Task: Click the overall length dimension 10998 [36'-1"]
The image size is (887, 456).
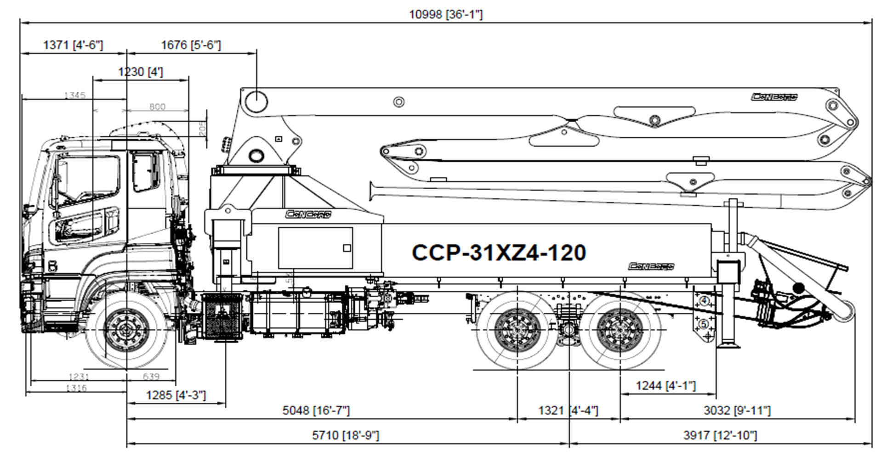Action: pyautogui.click(x=445, y=15)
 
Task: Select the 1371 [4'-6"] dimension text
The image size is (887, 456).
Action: pyautogui.click(x=73, y=45)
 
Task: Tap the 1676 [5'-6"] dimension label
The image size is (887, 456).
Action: pyautogui.click(x=191, y=45)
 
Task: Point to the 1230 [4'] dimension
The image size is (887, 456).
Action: pyautogui.click(x=140, y=72)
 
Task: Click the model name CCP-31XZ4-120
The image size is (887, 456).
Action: pyautogui.click(x=499, y=253)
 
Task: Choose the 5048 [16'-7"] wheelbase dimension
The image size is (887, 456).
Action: pyautogui.click(x=316, y=410)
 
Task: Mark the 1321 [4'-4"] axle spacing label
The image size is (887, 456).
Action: pyautogui.click(x=568, y=410)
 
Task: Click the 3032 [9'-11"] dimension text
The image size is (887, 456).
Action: pyautogui.click(x=737, y=410)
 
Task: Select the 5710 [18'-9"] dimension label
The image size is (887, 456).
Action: pyautogui.click(x=346, y=435)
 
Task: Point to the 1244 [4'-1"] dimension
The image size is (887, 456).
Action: pyautogui.click(x=665, y=386)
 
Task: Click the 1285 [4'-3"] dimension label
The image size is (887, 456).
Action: pyautogui.click(x=176, y=395)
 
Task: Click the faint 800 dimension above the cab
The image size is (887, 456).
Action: pyautogui.click(x=157, y=107)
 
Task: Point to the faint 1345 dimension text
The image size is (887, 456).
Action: pyautogui.click(x=75, y=96)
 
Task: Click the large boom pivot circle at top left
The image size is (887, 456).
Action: pyautogui.click(x=256, y=100)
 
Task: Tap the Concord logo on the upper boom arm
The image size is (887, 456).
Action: pyautogui.click(x=774, y=97)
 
